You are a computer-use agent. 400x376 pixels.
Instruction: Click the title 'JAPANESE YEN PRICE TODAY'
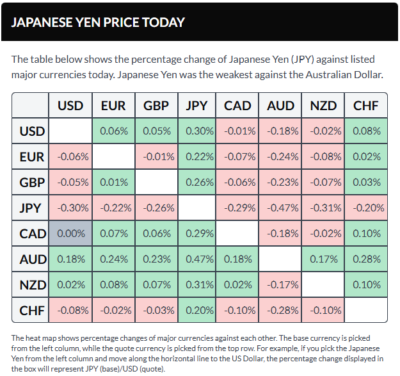(99, 22)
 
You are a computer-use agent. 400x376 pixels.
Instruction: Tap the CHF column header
(366, 106)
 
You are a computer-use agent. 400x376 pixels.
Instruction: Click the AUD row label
(32, 259)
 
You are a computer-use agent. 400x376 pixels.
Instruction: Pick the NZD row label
(32, 285)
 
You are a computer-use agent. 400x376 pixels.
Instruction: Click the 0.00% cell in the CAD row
(70, 234)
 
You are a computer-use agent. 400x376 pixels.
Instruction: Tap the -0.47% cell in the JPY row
(280, 208)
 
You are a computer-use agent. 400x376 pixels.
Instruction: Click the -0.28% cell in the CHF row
(280, 311)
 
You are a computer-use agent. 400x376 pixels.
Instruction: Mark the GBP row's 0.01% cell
(113, 183)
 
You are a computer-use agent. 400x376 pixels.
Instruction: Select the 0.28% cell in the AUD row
(366, 259)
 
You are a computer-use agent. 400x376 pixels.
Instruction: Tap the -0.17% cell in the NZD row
(280, 285)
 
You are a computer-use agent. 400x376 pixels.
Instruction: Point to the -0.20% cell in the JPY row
(366, 208)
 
